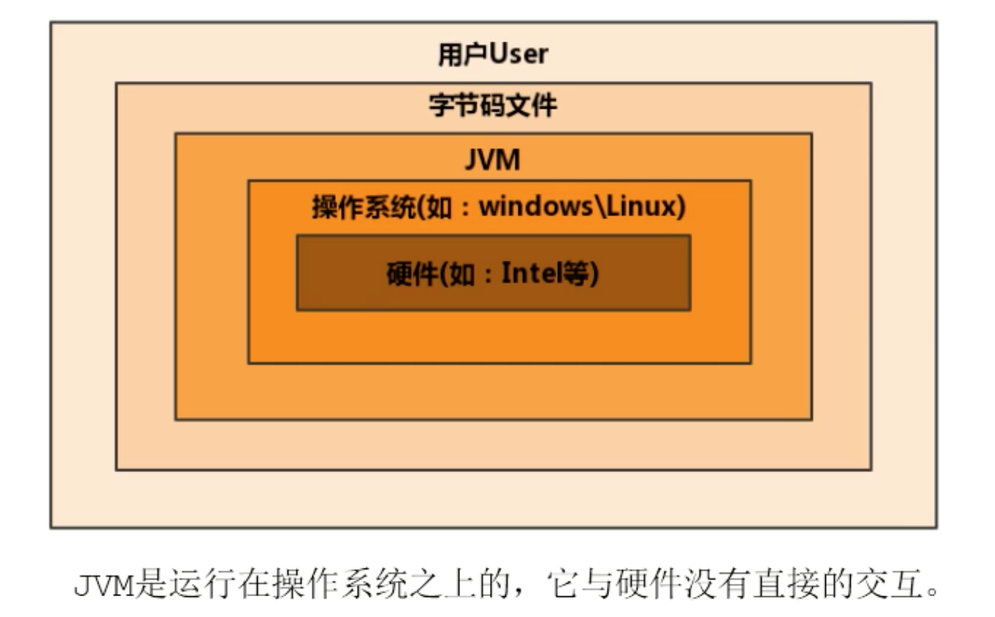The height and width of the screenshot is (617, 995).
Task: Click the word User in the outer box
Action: click(x=519, y=54)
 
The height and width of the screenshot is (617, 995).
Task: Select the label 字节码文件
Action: click(x=493, y=105)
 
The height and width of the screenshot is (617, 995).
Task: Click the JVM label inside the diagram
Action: click(x=492, y=160)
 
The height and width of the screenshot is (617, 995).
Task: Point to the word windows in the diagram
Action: click(x=536, y=206)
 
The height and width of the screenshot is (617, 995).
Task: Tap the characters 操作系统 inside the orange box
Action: click(x=363, y=207)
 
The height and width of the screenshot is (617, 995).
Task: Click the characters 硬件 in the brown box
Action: click(x=412, y=274)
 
